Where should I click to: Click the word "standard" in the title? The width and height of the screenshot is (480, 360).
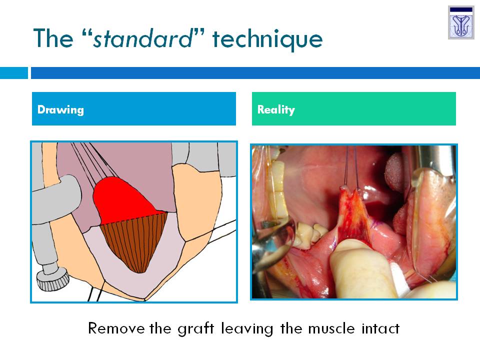pos(142,38)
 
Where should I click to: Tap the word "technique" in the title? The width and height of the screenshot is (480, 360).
pos(267,40)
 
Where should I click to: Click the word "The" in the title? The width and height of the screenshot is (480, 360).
pos(53,38)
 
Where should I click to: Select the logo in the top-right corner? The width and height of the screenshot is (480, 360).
pos(461,22)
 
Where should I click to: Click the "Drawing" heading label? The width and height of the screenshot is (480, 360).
pos(60,109)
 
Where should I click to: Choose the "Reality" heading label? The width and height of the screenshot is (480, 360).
pos(276,109)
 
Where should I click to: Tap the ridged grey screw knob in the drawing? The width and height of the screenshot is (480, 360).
pos(52,279)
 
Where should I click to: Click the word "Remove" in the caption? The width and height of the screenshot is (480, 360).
pos(116,328)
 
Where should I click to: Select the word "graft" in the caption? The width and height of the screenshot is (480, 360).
pos(196,329)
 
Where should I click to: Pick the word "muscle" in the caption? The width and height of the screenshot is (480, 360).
pos(331,328)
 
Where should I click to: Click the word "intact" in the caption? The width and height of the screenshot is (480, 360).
pos(380,328)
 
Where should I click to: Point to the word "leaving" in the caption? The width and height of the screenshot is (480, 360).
pos(247,329)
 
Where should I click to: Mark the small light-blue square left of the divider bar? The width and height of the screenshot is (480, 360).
pos(14,73)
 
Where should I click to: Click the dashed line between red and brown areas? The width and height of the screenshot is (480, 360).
pos(134,218)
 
